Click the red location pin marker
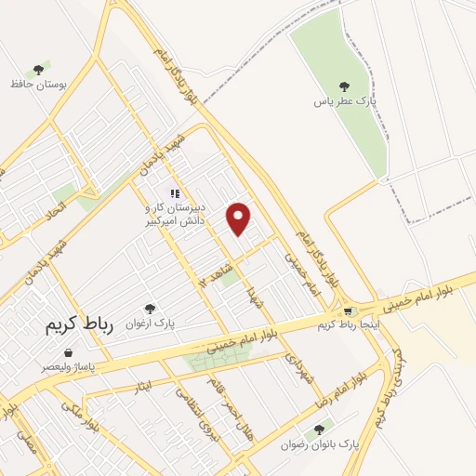click(241, 218)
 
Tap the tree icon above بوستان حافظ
click(39, 70)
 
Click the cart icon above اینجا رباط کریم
click(347, 311)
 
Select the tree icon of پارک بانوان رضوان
click(320, 429)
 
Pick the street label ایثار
click(142, 385)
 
